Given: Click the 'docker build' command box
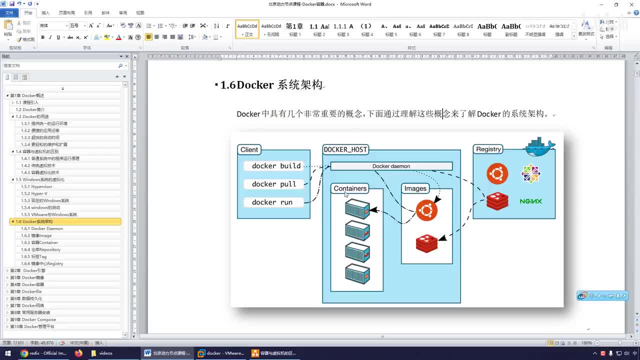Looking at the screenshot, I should (x=276, y=166).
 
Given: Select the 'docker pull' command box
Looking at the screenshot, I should (x=274, y=184).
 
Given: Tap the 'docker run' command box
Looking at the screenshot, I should (x=272, y=202).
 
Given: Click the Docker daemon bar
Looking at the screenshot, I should (x=391, y=166).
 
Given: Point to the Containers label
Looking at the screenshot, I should (x=350, y=188).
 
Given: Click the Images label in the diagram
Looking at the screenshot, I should (x=415, y=188).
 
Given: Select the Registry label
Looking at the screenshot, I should (x=488, y=149).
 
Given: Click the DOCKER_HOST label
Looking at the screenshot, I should (x=345, y=149).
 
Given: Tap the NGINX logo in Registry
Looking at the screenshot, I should (x=530, y=201).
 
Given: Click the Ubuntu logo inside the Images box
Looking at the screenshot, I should (x=426, y=211).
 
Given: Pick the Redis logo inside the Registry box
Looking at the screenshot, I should (x=497, y=201).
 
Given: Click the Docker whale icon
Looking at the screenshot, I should (x=539, y=147).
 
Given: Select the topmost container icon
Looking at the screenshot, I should (x=357, y=209).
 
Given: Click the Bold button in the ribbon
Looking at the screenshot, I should (x=42, y=37).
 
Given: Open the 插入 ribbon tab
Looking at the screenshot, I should (x=45, y=12).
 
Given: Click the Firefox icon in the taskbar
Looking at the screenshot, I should (x=78, y=353).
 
